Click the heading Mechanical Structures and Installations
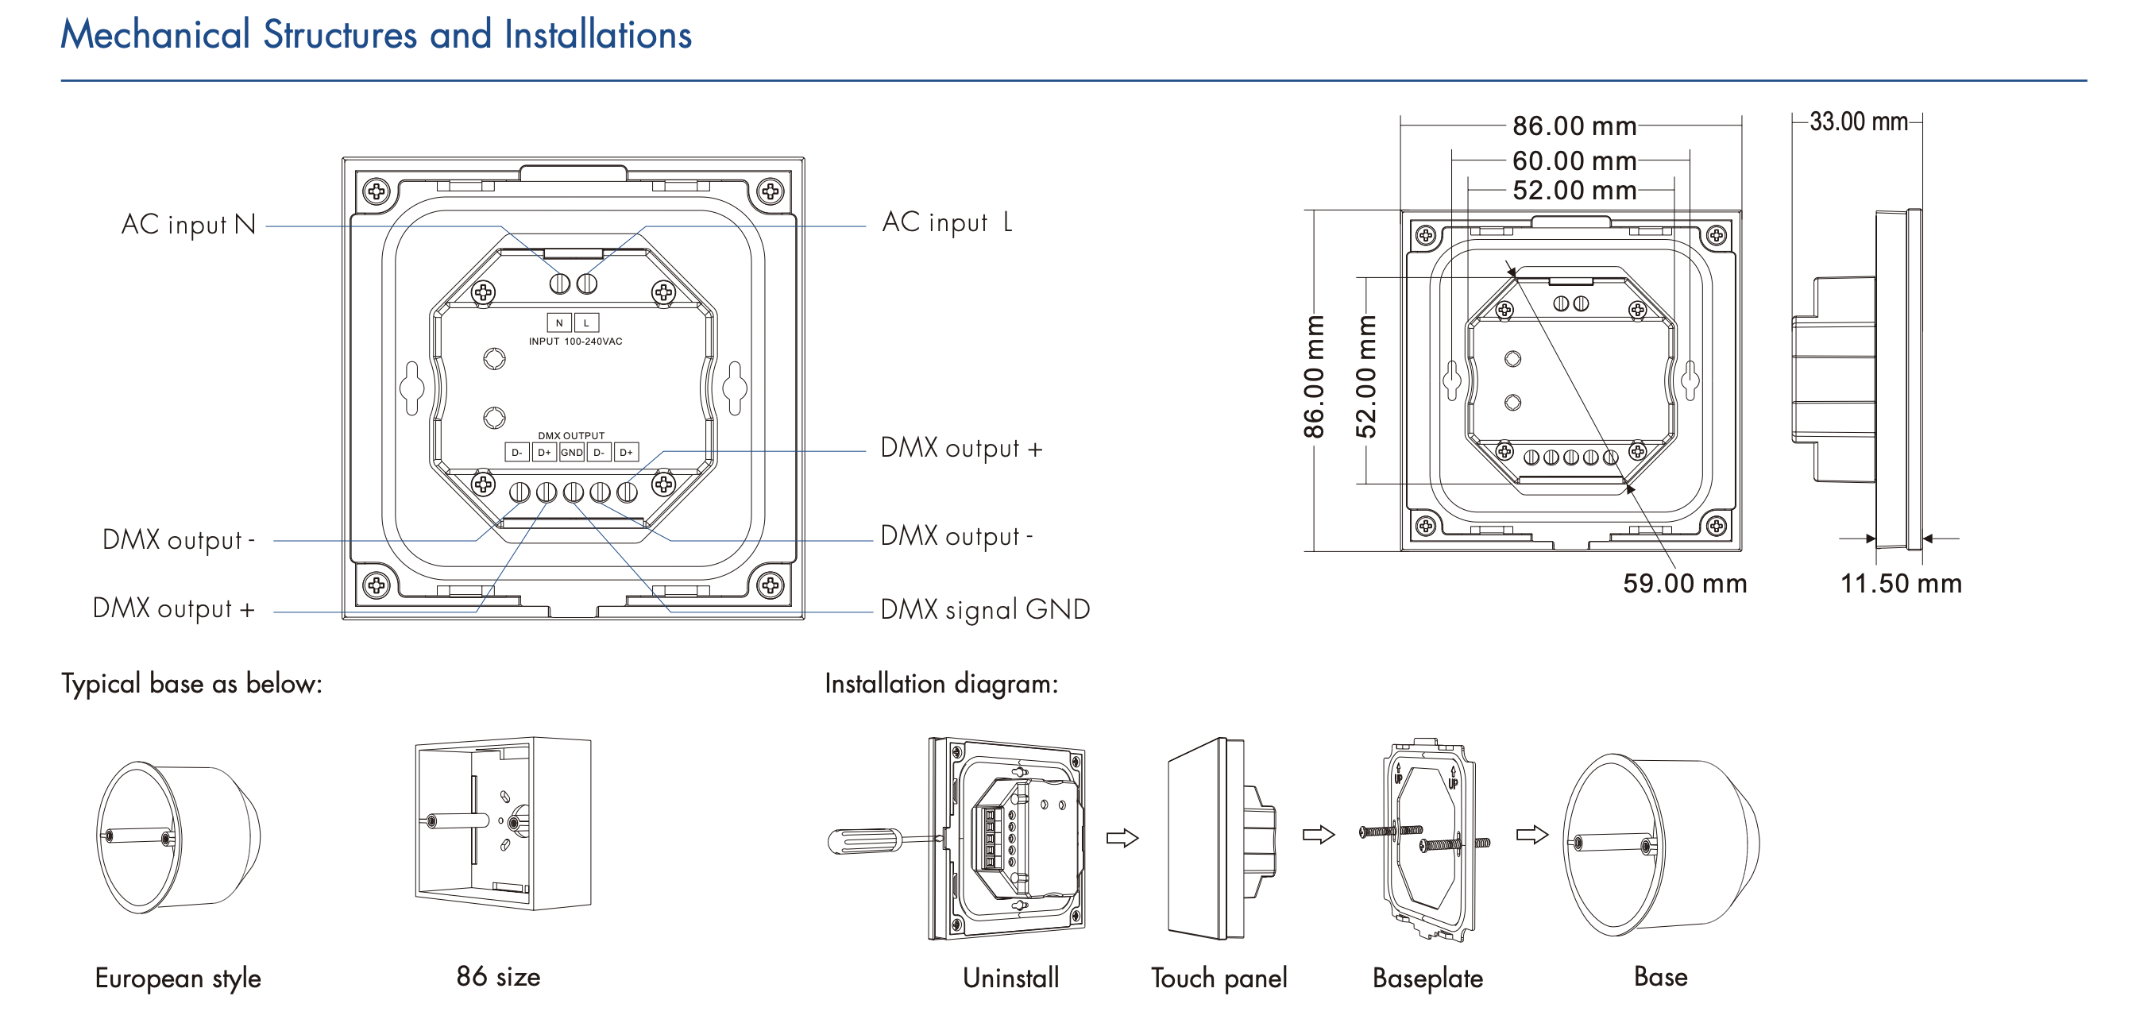[x=376, y=35]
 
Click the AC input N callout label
[x=188, y=224]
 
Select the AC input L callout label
[x=947, y=222]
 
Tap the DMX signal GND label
[x=985, y=610]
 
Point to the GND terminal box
[x=572, y=452]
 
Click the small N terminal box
[x=558, y=322]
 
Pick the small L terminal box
[x=586, y=322]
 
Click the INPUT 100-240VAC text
[x=575, y=341]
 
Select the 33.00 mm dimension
[x=1858, y=122]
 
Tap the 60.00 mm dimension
[x=1574, y=160]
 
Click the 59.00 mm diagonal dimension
[x=1684, y=584]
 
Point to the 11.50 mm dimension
[x=1900, y=584]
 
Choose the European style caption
[x=178, y=979]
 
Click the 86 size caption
[x=498, y=977]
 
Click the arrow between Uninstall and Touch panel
[x=1122, y=838]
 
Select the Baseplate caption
[x=1427, y=979]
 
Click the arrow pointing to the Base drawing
[x=1532, y=834]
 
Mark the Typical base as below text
[x=191, y=684]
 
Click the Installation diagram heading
[x=941, y=684]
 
